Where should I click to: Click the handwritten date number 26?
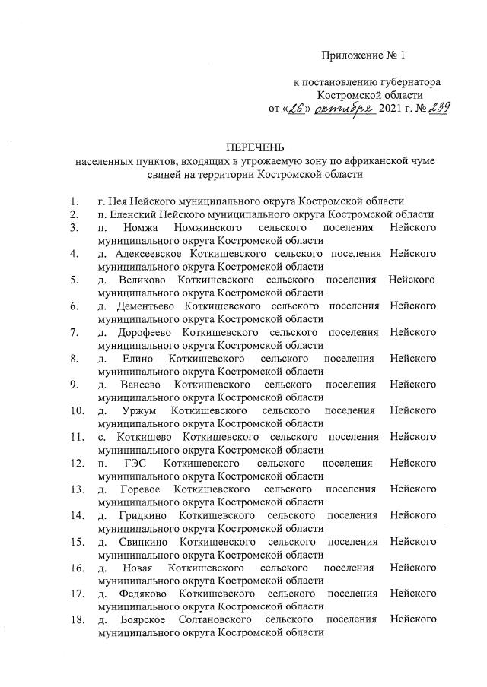click(x=294, y=109)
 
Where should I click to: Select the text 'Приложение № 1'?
click(x=359, y=55)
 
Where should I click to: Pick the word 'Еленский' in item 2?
click(x=129, y=214)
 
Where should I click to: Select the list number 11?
click(x=76, y=437)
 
